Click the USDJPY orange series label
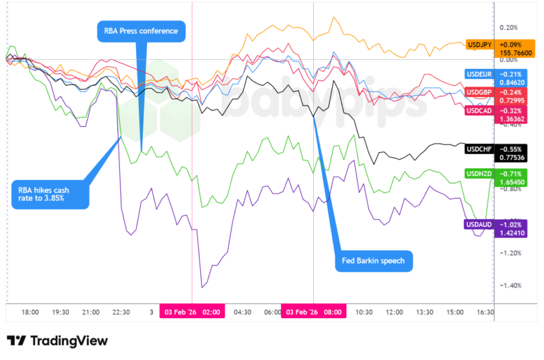click(481, 45)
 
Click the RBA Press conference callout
click(141, 31)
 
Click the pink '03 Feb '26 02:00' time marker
click(191, 313)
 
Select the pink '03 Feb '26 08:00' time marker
click(313, 313)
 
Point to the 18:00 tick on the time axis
click(30, 313)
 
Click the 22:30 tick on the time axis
click(121, 313)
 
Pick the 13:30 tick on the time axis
click(425, 313)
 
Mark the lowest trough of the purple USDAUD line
click(202, 287)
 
